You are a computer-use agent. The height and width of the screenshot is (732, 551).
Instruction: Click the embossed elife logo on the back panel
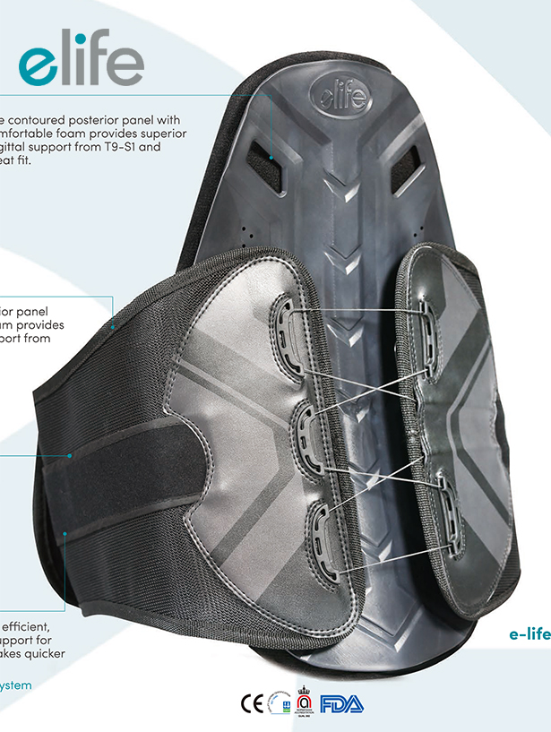(340, 93)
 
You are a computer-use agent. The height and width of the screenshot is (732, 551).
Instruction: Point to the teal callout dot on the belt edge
(113, 328)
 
